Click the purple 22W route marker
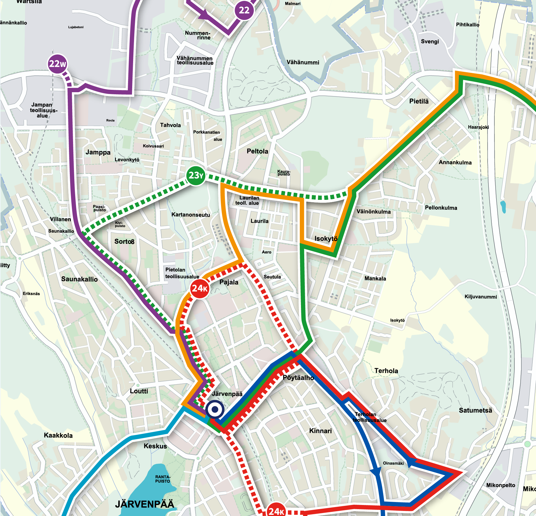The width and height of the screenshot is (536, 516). point(57,64)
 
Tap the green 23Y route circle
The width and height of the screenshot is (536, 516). point(196,175)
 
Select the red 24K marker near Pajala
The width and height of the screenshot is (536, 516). point(199,288)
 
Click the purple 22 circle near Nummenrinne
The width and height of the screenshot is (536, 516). point(244,10)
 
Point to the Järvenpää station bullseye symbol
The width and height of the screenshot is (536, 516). point(215,410)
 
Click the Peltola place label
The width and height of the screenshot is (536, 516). point(257,151)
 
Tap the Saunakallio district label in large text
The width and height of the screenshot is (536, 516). point(79,279)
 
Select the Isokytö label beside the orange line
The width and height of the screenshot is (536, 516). point(326,239)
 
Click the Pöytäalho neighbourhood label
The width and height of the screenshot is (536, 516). point(298,378)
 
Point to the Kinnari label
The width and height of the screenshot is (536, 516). point(320,431)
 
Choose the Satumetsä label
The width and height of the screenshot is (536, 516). point(475,410)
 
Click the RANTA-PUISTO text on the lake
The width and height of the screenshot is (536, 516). point(163,479)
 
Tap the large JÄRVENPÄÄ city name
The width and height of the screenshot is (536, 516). point(144,504)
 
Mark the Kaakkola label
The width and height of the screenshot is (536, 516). point(58,435)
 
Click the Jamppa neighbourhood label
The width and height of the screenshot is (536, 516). point(98,152)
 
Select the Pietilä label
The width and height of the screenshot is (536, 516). point(419,101)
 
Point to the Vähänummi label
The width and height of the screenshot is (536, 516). point(303,62)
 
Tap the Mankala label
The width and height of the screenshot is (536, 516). point(375,278)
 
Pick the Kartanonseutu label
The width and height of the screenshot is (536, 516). point(190,215)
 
